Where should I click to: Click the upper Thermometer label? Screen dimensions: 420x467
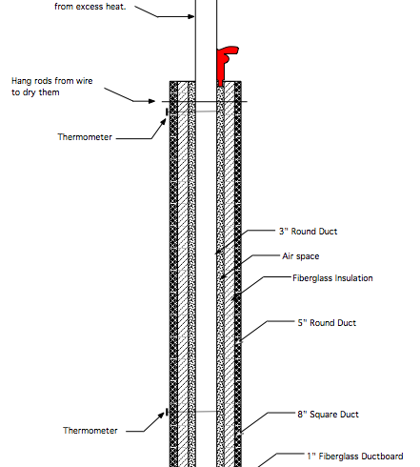[85, 137]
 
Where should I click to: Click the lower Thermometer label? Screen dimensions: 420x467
[90, 431]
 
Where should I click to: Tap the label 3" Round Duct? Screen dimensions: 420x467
[308, 232]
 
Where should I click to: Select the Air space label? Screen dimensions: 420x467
[301, 256]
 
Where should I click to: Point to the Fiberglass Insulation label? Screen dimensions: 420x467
[332, 278]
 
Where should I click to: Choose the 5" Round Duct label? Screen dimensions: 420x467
[327, 323]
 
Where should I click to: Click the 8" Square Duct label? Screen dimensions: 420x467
[328, 415]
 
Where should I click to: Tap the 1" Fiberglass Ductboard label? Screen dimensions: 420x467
[355, 457]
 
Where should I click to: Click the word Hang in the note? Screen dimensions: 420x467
[21, 81]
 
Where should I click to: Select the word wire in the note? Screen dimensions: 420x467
[85, 81]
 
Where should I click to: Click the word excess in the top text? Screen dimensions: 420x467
[90, 7]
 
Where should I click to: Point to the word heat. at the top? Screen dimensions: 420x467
[116, 7]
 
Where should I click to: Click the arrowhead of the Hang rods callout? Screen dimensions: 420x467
[151, 101]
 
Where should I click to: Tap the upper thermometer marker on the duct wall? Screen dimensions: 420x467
[168, 112]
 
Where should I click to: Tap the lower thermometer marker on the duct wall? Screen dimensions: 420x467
[168, 413]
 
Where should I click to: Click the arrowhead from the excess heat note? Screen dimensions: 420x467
[190, 16]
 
